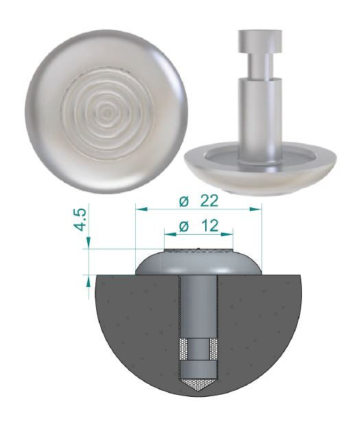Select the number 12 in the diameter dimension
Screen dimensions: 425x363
[211, 225]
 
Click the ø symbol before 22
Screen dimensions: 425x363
[183, 200]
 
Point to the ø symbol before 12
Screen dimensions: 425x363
[183, 225]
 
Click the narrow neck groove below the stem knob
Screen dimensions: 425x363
[260, 67]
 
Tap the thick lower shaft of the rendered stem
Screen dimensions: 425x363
[260, 117]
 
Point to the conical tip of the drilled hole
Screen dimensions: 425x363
[199, 384]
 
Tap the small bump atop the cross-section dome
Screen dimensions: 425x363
[199, 249]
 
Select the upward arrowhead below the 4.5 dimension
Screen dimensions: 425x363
[88, 282]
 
